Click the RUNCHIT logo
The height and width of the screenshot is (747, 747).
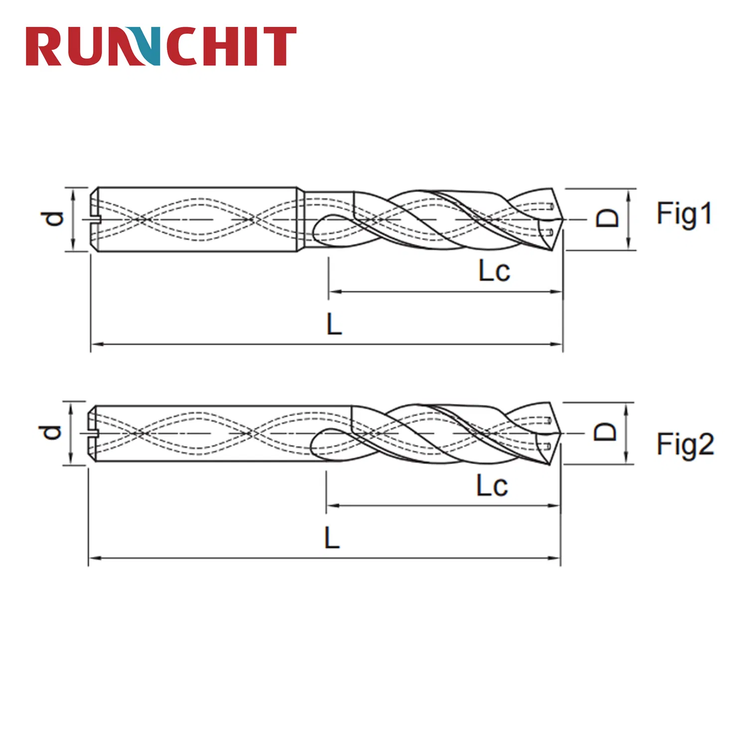tap(161, 46)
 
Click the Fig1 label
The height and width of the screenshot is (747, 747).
tap(684, 214)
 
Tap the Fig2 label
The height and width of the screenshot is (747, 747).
tap(685, 444)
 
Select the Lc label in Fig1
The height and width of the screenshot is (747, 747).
tap(494, 271)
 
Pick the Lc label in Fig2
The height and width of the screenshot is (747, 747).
tap(492, 486)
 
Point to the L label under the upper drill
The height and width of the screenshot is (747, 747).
tap(334, 324)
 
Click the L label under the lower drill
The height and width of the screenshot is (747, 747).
tap(332, 538)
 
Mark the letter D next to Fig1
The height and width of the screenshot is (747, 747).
tap(608, 219)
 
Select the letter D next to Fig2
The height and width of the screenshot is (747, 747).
tap(605, 432)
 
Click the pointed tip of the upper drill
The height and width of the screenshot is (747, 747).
tap(563, 219)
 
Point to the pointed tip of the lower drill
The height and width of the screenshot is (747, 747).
tap(561, 434)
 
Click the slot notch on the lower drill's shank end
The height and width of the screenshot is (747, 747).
tap(92, 433)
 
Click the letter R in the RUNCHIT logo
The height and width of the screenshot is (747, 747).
tap(43, 46)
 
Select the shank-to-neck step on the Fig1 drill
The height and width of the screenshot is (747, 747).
tap(301, 219)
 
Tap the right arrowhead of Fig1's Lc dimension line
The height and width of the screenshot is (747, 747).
tap(559, 292)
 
